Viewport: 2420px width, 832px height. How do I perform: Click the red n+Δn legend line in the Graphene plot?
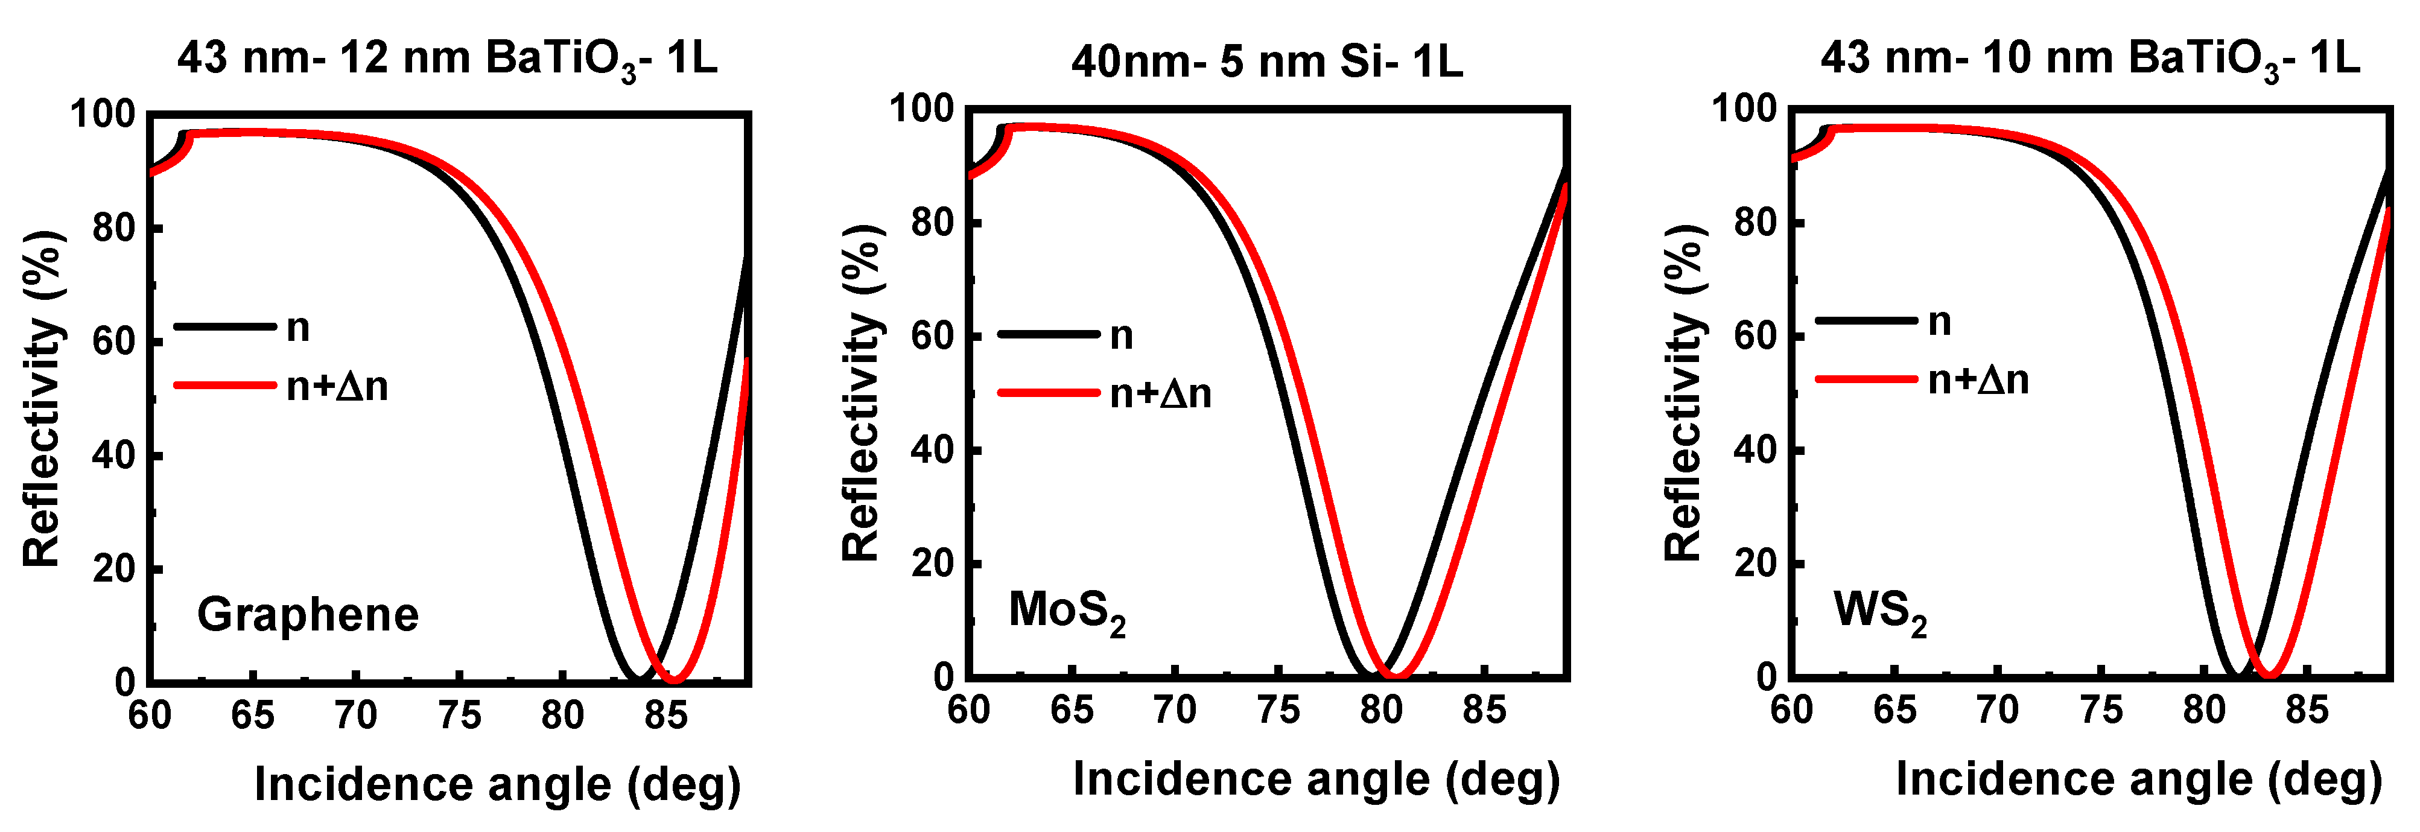tap(226, 384)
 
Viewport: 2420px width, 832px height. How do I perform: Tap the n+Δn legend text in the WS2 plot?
tap(1978, 379)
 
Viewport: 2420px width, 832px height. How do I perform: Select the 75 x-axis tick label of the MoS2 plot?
tap(1278, 711)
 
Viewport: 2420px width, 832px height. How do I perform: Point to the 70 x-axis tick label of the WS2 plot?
tap(1997, 711)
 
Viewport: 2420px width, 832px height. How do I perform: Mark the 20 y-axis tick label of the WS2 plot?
tap(1756, 564)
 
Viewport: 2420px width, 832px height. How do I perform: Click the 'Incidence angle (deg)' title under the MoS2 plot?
tap(1316, 780)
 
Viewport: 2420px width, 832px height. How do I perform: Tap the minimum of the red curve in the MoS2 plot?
tap(1395, 675)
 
